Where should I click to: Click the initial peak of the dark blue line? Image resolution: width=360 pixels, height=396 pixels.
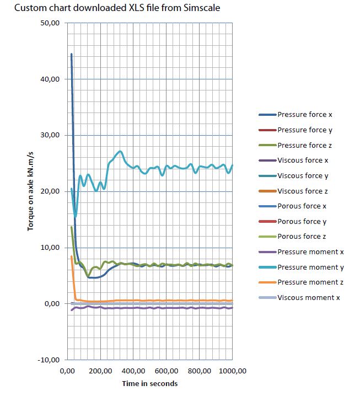pyautogui.click(x=71, y=54)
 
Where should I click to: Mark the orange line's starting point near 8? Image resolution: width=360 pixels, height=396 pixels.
pyautogui.click(x=71, y=256)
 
